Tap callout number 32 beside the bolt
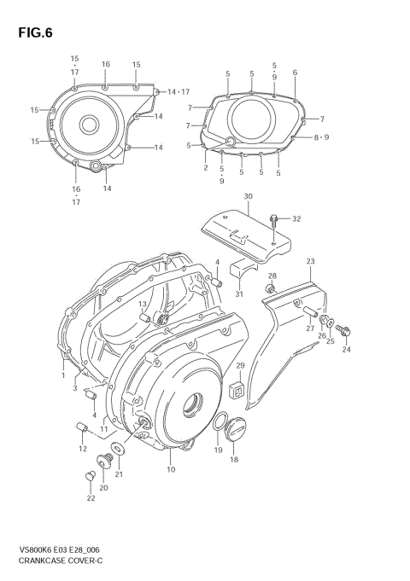tap(296, 219)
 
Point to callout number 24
tap(347, 350)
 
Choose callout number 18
tap(234, 460)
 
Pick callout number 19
tap(218, 450)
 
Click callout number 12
tap(83, 448)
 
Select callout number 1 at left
tap(63, 375)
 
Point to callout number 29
tap(240, 366)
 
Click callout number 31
tap(239, 294)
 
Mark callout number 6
tap(295, 73)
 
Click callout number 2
tap(206, 168)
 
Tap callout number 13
tap(143, 305)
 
